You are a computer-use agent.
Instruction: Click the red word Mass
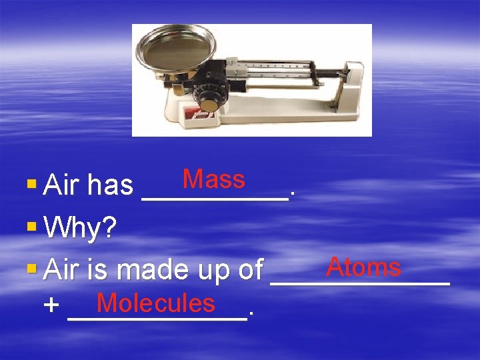click(214, 179)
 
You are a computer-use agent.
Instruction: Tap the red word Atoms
click(363, 267)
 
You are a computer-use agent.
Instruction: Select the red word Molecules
click(156, 303)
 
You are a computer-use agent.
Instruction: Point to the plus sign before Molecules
click(51, 306)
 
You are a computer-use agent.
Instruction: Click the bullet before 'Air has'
click(32, 183)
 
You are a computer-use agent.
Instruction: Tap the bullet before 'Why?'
click(32, 227)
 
